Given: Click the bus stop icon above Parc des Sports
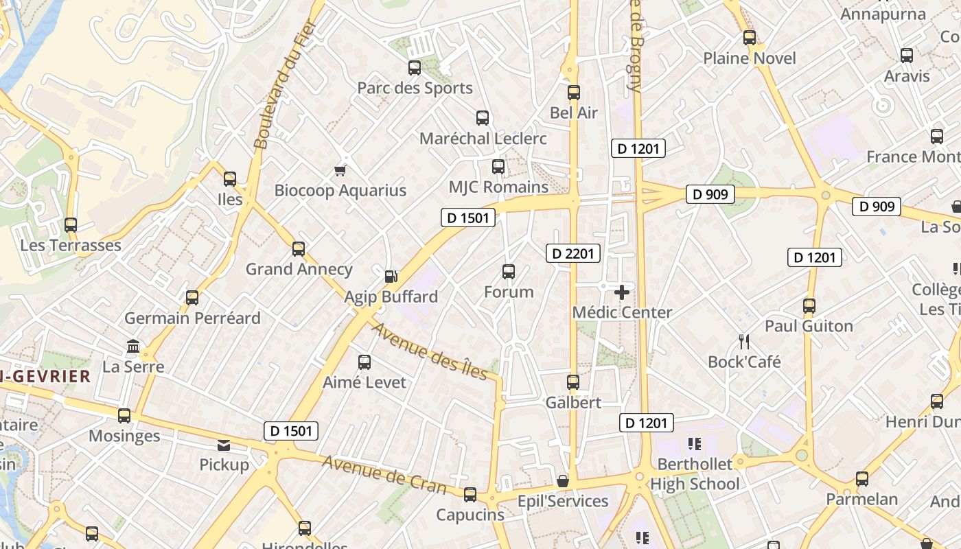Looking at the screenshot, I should (415, 67).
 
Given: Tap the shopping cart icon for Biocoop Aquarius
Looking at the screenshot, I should (340, 170).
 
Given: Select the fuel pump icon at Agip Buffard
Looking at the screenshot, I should (391, 277).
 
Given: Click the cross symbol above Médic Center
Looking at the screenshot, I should (622, 293).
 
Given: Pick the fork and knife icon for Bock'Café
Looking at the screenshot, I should (744, 341).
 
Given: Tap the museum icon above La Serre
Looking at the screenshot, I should (133, 347).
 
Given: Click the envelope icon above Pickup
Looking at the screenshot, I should (224, 445).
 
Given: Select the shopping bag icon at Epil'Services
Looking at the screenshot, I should (563, 481).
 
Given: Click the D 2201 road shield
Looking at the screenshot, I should (573, 254).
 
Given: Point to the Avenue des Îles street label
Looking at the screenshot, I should (430, 351).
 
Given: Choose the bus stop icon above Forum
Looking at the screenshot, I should (509, 272).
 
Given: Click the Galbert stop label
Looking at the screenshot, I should (573, 403).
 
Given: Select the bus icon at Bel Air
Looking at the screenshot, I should (574, 93).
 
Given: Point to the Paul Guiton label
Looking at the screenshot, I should (809, 326).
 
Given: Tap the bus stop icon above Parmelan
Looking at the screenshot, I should (862, 479).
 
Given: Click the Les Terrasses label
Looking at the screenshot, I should (71, 245).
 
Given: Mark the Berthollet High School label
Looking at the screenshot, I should (695, 474).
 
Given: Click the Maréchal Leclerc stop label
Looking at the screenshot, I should (483, 139).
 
